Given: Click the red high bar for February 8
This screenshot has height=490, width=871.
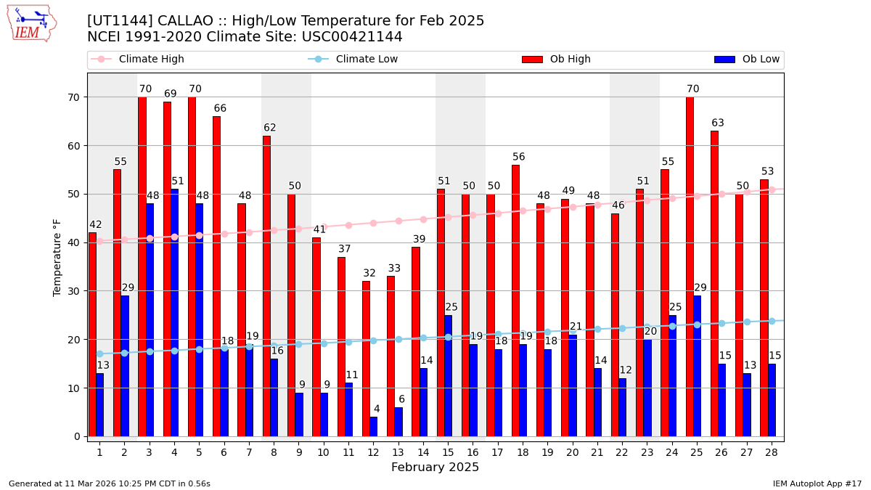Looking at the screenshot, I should pyautogui.click(x=266, y=286).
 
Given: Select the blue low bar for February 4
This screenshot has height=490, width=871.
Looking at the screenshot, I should pyautogui.click(x=174, y=312).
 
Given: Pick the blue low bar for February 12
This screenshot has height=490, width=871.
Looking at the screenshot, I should pyautogui.click(x=373, y=427).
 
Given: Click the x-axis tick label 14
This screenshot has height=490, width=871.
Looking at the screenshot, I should pyautogui.click(x=423, y=453).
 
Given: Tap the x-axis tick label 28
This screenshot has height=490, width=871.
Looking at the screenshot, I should pyautogui.click(x=772, y=453).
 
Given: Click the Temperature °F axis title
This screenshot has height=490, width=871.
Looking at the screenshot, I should pyautogui.click(x=58, y=257).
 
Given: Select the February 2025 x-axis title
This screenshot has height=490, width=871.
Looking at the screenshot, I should pyautogui.click(x=435, y=467).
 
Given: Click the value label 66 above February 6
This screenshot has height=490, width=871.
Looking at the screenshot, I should pyautogui.click(x=220, y=109).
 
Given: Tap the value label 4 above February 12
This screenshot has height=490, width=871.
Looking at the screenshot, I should pyautogui.click(x=376, y=409).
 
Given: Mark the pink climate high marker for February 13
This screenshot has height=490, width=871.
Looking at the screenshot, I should pyautogui.click(x=398, y=221).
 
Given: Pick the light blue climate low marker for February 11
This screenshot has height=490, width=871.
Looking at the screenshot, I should pyautogui.click(x=348, y=342).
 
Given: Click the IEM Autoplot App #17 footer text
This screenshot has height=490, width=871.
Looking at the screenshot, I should pyautogui.click(x=817, y=483).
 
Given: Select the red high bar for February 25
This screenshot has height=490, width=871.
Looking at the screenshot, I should pyautogui.click(x=690, y=266).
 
